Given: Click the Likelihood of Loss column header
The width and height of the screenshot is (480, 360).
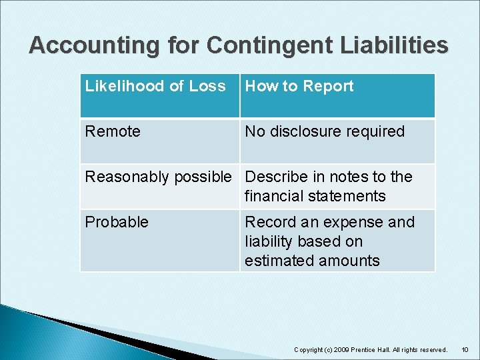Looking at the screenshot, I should coord(155,86).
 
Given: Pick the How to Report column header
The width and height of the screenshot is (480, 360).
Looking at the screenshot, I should coord(299,86).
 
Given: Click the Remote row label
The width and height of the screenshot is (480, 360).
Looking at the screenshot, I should coord(113,131).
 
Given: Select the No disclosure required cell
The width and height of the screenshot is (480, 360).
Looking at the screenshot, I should coord(325,131).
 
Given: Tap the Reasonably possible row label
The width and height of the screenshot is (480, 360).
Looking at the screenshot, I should coord(158,177).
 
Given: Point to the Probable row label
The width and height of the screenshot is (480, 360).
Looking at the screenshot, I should coord(117,222).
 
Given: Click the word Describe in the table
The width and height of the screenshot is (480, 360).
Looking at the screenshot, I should coord(274,177).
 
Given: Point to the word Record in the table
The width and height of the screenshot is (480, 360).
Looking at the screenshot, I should coord(269,222).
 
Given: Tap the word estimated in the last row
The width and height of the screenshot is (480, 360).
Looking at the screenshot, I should coord(278,261).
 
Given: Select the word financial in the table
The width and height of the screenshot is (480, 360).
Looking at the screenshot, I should coord(275,196).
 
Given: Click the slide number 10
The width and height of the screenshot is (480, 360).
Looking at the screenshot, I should coord(465,350).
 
